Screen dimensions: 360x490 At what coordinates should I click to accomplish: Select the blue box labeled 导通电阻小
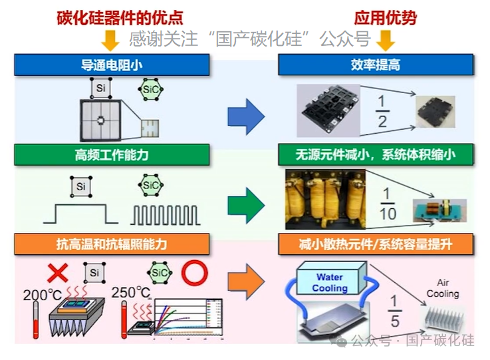112,65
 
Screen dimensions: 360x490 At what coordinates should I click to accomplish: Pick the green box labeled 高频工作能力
112,155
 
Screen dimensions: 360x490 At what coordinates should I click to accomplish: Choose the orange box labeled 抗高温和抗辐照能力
112,244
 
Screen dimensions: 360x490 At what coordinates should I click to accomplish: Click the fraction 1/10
387,203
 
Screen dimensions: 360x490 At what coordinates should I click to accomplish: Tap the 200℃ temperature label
43,293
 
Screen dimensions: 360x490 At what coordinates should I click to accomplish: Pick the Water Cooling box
330,283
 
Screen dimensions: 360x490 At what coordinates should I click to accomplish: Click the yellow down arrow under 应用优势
385,41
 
